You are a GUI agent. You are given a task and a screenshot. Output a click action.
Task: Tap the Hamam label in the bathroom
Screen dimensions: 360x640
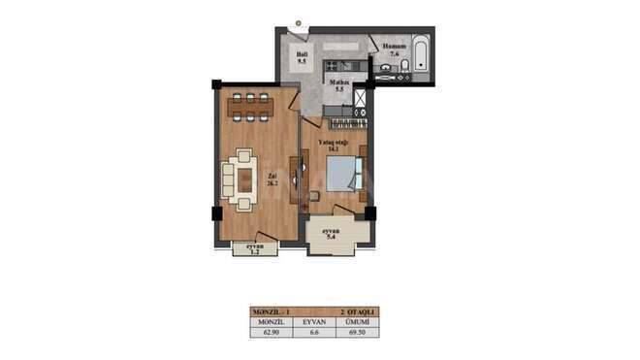(x=393, y=48)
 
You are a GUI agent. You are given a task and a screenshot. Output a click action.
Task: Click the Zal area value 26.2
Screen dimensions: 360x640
(x=272, y=182)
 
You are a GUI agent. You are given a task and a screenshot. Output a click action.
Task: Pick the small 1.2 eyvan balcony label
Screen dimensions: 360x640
(x=255, y=250)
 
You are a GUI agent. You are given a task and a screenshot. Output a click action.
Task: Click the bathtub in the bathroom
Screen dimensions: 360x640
(x=420, y=53)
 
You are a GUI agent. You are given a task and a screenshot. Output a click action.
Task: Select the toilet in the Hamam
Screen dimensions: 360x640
(x=405, y=65)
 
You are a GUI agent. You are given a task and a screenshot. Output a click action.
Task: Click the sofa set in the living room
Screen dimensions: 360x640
(x=240, y=180)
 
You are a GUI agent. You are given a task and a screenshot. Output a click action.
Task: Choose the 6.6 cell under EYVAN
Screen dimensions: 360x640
(x=312, y=331)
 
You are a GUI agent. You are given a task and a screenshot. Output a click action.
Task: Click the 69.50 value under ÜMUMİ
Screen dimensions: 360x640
(x=358, y=331)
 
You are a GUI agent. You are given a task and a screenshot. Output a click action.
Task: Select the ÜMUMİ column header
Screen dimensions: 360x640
(x=358, y=321)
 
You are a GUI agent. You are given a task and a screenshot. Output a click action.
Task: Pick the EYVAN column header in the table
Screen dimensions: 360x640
(x=312, y=321)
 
